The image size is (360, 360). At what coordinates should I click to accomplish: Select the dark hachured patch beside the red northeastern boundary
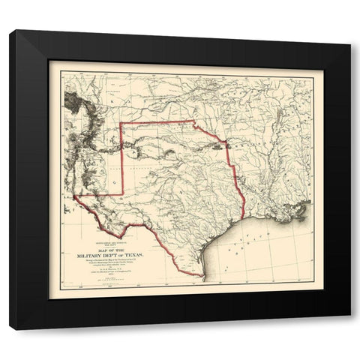click(217, 147)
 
